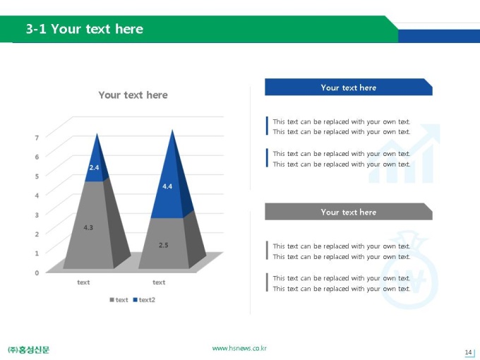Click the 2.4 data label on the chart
point(94,167)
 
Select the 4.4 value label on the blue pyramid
point(167,186)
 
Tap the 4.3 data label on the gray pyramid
point(88,227)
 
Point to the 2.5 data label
point(164,245)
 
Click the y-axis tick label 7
point(37,138)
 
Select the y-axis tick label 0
point(37,272)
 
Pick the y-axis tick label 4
point(37,196)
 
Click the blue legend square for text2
point(135,300)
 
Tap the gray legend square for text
point(112,300)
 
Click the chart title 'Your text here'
point(133,95)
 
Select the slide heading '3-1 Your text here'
point(85,29)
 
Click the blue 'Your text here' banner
point(349,88)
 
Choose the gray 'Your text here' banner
point(349,212)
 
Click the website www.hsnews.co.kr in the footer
point(239,349)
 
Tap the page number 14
point(468,352)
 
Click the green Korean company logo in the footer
point(28,349)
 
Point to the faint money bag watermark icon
point(409,270)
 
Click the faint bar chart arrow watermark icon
point(404,153)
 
